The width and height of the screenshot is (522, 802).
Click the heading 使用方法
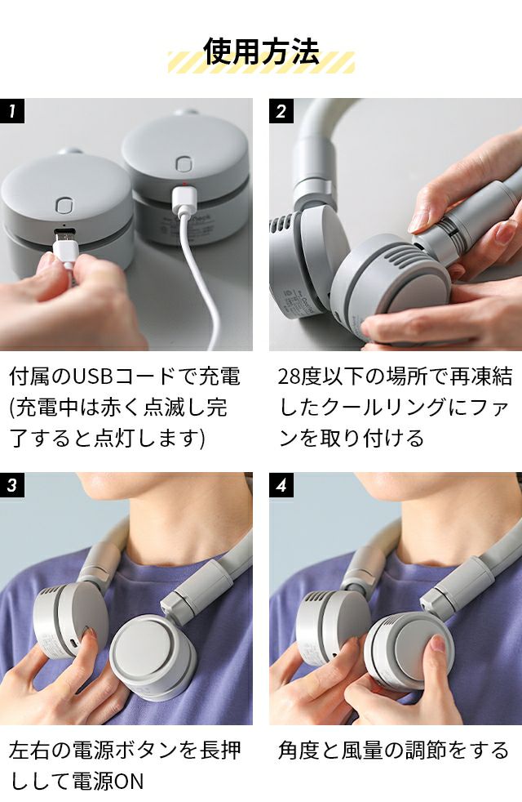pyautogui.click(x=261, y=51)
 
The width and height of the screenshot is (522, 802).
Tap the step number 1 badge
pyautogui.click(x=12, y=110)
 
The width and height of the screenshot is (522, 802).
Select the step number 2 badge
pyautogui.click(x=281, y=110)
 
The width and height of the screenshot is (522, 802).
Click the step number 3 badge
pyautogui.click(x=12, y=484)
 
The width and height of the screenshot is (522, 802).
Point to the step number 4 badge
pyautogui.click(x=281, y=484)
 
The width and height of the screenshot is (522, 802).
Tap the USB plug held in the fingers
pyautogui.click(x=66, y=247)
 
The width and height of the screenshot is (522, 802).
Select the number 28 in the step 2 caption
pyautogui.click(x=289, y=377)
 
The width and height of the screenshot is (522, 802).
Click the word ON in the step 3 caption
pyautogui.click(x=128, y=781)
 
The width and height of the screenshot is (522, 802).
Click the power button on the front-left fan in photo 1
pyautogui.click(x=64, y=206)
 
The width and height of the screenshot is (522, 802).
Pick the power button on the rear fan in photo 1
pyautogui.click(x=184, y=163)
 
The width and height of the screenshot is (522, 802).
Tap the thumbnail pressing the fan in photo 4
pyautogui.click(x=438, y=644)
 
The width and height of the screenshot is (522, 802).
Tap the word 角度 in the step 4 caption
pyautogui.click(x=299, y=751)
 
